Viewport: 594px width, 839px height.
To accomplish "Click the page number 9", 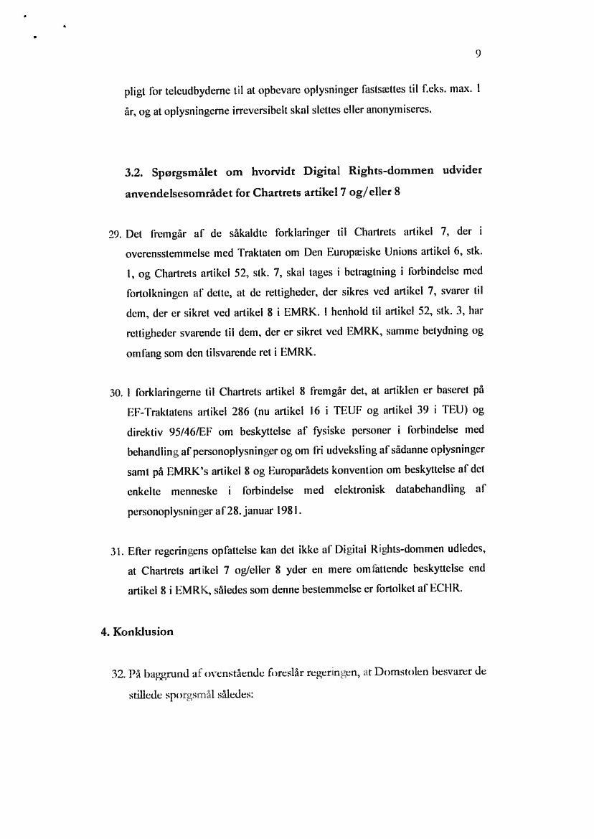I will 476,52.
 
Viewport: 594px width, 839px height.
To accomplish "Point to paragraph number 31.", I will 115,552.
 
